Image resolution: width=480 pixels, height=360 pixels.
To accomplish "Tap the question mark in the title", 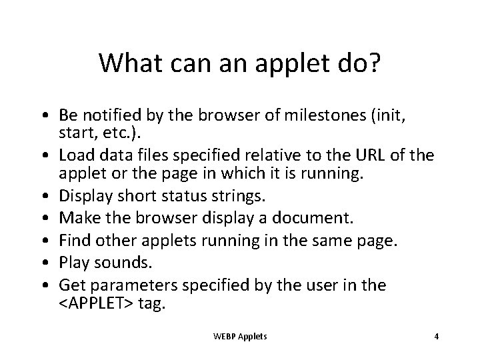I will tap(373, 63).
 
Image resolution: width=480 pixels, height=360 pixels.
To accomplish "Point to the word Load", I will tap(75, 156).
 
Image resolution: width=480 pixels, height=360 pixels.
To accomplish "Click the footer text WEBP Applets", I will tap(239, 337).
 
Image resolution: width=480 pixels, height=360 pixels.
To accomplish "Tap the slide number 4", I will tap(436, 337).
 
